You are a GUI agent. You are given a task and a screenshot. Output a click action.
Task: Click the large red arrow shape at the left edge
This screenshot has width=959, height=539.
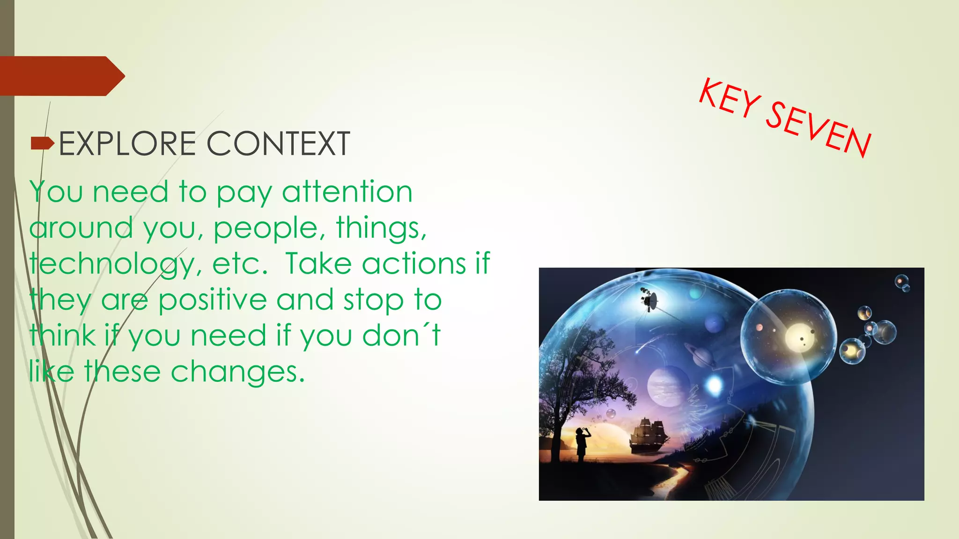click(61, 76)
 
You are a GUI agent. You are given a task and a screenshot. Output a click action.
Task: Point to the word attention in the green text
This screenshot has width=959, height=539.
click(347, 192)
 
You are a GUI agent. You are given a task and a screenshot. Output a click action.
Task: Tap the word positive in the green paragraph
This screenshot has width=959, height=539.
click(212, 300)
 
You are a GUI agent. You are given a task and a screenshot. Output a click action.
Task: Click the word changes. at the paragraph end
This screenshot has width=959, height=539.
click(237, 372)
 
